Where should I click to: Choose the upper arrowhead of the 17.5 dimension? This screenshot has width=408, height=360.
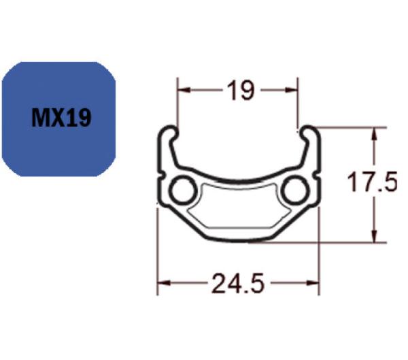pyautogui.click(x=373, y=131)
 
